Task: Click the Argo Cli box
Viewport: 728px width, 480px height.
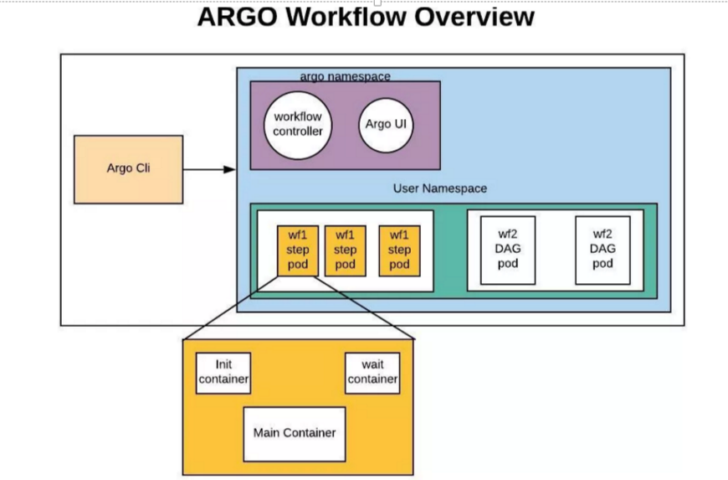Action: click(x=128, y=169)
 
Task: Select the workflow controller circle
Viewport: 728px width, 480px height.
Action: click(x=297, y=124)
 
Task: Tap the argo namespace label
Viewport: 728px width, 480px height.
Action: click(x=345, y=76)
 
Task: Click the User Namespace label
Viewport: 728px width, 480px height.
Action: click(x=439, y=188)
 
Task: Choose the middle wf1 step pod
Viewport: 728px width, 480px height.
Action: click(x=346, y=250)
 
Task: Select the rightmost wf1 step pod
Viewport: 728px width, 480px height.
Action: click(x=399, y=250)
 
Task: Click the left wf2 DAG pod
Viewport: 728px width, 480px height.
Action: click(x=508, y=250)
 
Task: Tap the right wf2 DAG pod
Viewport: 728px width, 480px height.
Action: click(x=602, y=250)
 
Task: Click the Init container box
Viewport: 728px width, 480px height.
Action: click(x=223, y=373)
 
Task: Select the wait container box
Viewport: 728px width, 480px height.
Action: click(x=372, y=373)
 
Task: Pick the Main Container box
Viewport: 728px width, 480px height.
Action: click(x=294, y=433)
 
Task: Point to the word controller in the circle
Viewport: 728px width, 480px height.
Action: click(x=297, y=131)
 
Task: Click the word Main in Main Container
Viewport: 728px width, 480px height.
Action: click(x=268, y=433)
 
